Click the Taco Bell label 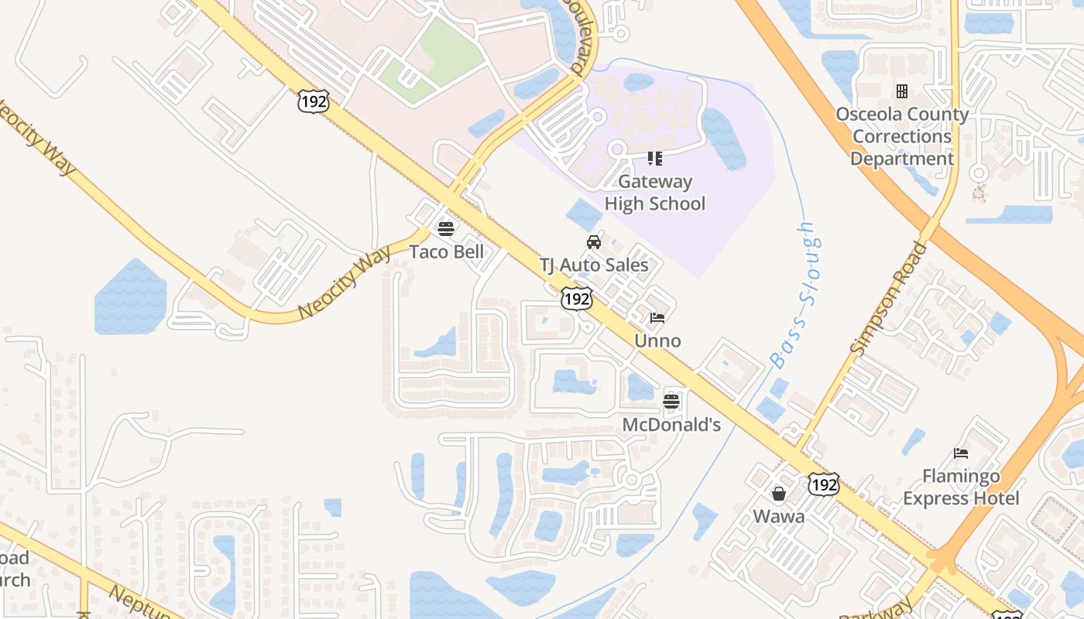coord(447,251)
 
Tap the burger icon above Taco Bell coord(445,228)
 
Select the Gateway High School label coord(655,193)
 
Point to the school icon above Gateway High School coord(655,159)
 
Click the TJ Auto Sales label coord(594,265)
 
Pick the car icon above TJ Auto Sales coord(594,242)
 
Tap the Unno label coord(657,340)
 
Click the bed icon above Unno coord(657,317)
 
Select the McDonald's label coord(671,424)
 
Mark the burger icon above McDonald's coord(671,401)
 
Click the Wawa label coord(779,516)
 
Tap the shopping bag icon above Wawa coord(779,493)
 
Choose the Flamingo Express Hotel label coord(961,487)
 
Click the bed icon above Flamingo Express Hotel coord(961,453)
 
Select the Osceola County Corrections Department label coord(902,136)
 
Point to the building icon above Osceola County coord(901,91)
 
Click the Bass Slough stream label coord(794,294)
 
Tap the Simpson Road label coord(889,299)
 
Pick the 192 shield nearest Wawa coord(823,484)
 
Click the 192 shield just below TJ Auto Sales coord(578,298)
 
